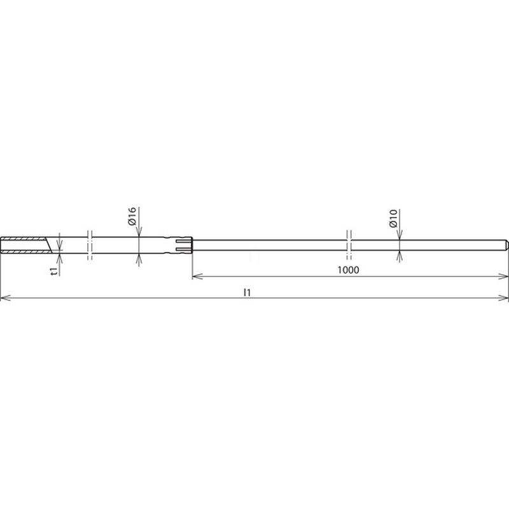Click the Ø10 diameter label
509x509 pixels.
393,218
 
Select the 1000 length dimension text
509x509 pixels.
348,270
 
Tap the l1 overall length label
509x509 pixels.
248,293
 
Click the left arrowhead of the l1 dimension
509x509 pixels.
5,298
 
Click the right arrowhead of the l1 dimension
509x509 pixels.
503,298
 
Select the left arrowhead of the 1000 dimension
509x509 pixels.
197,276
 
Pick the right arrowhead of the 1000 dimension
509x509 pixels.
503,276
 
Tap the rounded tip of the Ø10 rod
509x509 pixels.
506,245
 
